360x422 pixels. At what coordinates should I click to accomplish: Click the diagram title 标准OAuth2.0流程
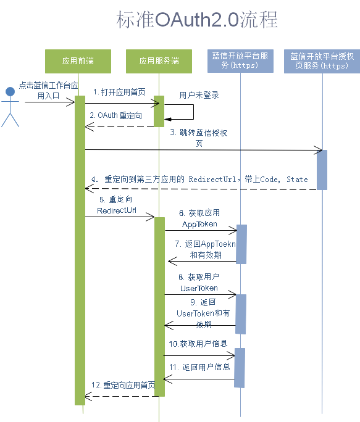[197, 20]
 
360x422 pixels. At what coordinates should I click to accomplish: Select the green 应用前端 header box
[78, 61]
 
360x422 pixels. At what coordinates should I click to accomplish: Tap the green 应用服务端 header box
[159, 61]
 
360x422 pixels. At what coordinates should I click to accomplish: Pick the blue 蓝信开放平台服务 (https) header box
[240, 61]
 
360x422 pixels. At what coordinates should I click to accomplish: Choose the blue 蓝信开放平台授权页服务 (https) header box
[322, 61]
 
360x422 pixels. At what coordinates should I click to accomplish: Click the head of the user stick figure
[10, 91]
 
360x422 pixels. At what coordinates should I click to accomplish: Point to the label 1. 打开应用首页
[119, 92]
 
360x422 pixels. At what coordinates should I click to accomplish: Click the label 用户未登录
[199, 95]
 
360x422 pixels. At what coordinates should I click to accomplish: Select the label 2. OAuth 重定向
[116, 115]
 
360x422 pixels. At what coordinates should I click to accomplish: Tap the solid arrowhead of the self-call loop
[167, 119]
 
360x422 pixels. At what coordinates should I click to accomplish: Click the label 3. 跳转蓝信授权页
[199, 138]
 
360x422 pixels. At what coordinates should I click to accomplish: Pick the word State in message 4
[297, 180]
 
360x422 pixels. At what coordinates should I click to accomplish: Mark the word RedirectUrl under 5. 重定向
[117, 210]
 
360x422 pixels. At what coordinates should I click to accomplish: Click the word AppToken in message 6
[199, 224]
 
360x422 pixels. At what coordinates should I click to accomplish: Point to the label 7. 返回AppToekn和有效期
[206, 249]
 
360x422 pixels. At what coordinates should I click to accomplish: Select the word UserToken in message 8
[199, 288]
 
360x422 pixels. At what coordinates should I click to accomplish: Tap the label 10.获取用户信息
[198, 344]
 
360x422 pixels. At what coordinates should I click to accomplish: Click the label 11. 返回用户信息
[199, 367]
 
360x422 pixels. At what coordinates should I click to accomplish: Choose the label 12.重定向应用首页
[123, 385]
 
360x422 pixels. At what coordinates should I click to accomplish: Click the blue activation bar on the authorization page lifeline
[322, 170]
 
